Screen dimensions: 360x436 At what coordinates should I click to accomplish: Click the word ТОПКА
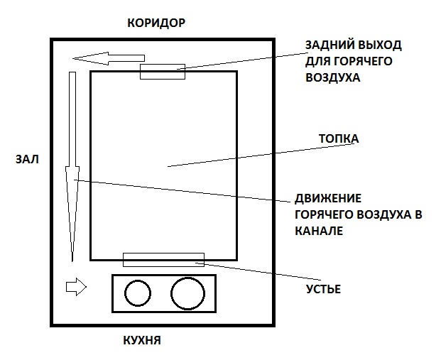[x=339, y=139]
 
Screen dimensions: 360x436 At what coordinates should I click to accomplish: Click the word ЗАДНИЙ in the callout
[x=328, y=45]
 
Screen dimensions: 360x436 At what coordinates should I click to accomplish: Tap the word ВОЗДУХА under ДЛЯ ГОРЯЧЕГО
[x=333, y=78]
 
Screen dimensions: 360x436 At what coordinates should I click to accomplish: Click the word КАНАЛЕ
[x=319, y=231]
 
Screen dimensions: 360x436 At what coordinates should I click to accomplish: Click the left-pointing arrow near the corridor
[x=109, y=58]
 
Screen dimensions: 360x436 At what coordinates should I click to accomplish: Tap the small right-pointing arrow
[x=75, y=287]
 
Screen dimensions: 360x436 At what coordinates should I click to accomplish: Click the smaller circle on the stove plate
[x=134, y=293]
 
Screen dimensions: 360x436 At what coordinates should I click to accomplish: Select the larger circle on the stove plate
[x=187, y=293]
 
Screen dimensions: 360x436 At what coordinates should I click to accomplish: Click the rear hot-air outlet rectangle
[x=163, y=71]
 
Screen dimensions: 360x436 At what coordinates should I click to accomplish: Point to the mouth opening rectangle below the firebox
[x=163, y=259]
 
